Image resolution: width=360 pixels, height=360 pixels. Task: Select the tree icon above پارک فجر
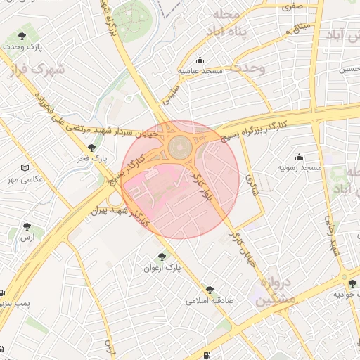[x=92, y=148]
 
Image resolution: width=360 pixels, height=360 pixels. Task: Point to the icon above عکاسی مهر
[x=26, y=168]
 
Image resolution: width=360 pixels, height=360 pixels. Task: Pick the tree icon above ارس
[x=27, y=226]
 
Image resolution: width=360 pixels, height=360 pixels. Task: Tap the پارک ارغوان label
[x=162, y=268]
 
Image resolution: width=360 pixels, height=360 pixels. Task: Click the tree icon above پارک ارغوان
[x=162, y=257]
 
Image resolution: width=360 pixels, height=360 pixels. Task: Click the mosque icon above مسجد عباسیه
[x=200, y=60]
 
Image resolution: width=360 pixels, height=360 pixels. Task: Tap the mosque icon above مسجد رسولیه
[x=299, y=157]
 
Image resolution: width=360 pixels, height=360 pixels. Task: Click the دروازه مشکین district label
[x=271, y=291]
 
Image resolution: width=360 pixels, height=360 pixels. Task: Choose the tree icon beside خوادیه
[x=352, y=284]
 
